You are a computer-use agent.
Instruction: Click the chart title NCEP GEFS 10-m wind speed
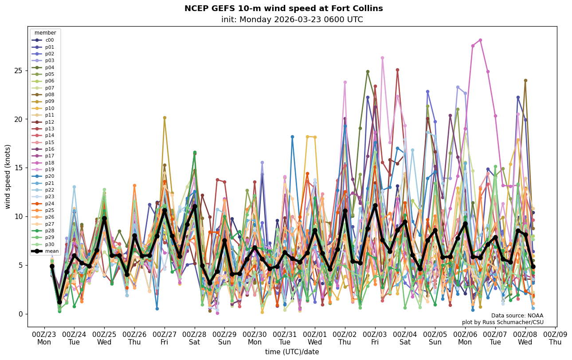[283, 8]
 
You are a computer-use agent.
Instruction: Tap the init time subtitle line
[292, 20]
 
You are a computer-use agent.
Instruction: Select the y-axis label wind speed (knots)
[8, 176]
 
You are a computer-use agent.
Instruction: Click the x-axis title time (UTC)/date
[292, 352]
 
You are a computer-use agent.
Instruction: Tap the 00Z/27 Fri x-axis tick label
[165, 338]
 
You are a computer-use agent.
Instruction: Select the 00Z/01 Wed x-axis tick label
[315, 338]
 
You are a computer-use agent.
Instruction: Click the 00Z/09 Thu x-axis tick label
[555, 338]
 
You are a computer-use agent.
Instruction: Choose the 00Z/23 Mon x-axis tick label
[44, 338]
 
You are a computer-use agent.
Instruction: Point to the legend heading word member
[45, 33]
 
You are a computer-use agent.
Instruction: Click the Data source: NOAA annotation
[517, 316]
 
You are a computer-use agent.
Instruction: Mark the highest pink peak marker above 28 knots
[480, 40]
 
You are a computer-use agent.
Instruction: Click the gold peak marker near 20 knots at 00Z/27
[165, 118]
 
